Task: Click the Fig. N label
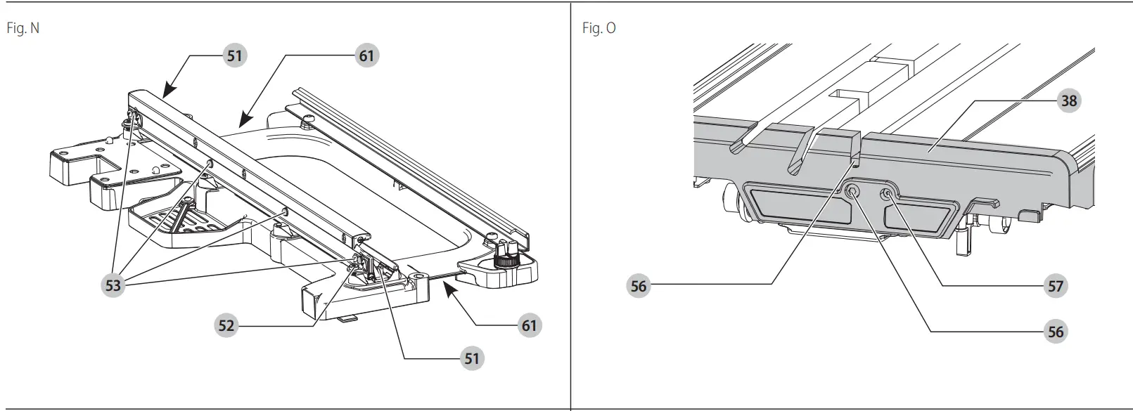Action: [x=23, y=28]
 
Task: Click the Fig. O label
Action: [x=598, y=28]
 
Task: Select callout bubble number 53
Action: [x=113, y=285]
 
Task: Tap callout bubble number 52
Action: [x=226, y=325]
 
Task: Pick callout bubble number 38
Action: [x=1068, y=100]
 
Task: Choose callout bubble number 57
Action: [x=1055, y=286]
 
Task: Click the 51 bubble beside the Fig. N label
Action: [x=235, y=56]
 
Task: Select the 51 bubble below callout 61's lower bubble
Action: [x=471, y=358]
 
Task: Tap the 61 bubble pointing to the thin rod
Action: [x=528, y=325]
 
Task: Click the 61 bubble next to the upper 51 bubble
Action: [x=366, y=56]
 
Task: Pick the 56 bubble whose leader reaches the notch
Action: [x=638, y=286]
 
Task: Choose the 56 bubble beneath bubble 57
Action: [x=1055, y=332]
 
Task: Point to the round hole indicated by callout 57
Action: [x=888, y=195]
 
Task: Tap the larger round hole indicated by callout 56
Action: [x=853, y=191]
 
